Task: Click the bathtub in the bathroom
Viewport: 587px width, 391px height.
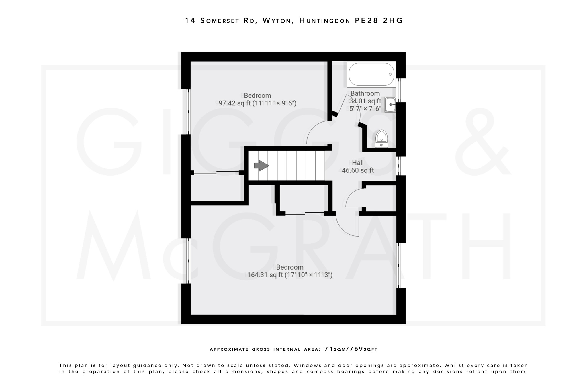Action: tap(371, 74)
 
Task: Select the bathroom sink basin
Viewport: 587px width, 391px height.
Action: tap(390, 105)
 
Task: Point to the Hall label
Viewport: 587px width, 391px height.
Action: tap(358, 163)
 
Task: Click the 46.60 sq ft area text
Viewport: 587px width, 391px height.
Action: tap(358, 170)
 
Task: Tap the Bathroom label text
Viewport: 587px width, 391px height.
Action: tap(365, 93)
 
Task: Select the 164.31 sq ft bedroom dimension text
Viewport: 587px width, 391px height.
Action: tap(289, 275)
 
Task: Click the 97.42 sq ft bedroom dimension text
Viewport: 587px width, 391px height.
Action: tap(257, 103)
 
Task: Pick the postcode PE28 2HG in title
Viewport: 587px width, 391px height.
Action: tap(379, 21)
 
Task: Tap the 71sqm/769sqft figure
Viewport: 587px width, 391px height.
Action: tap(351, 349)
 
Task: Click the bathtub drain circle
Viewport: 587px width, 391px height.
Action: tap(390, 74)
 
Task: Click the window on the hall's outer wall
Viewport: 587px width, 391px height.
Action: tap(398, 166)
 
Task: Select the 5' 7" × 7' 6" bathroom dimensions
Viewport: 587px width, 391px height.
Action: tap(365, 109)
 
